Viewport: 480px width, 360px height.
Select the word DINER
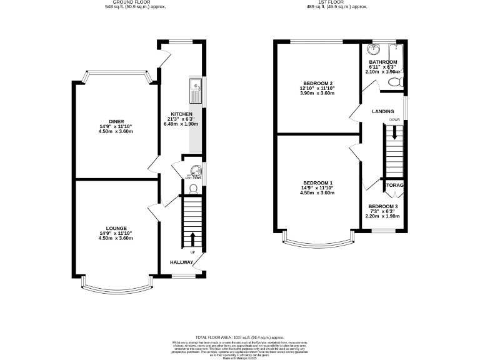coord(116,121)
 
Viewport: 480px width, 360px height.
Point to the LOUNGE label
coord(116,228)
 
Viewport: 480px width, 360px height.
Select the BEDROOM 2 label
coord(317,83)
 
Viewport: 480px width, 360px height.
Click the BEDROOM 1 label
coord(317,182)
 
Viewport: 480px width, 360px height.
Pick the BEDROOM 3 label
coord(382,206)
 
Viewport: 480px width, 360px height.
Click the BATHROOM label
coord(382,62)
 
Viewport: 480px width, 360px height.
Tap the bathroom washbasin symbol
coord(374,49)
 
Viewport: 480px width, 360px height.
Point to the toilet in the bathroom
coord(400,81)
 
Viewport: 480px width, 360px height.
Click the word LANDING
coord(382,111)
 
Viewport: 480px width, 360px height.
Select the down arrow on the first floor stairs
coord(394,132)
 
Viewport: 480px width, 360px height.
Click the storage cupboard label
coord(394,186)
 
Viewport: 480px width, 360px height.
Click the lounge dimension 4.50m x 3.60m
coord(116,238)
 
